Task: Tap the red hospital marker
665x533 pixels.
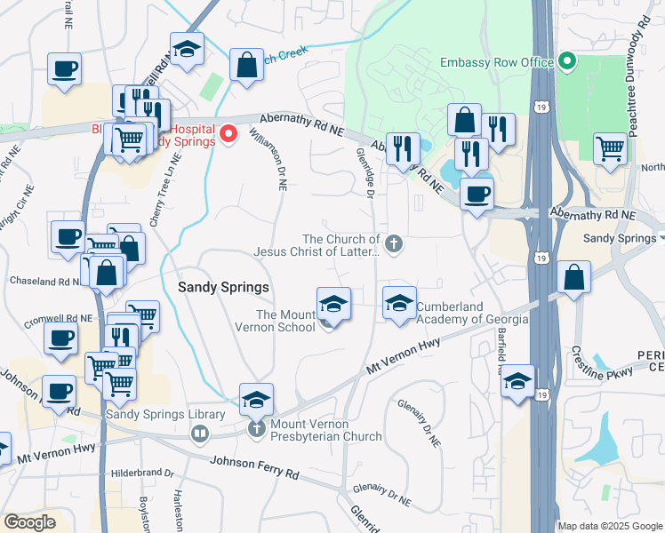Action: click(228, 134)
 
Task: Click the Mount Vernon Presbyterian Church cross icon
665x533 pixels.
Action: click(257, 428)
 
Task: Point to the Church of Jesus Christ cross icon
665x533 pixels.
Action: click(393, 243)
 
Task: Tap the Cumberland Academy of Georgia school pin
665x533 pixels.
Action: click(399, 303)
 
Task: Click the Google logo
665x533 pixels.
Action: click(29, 522)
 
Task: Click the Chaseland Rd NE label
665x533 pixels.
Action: click(45, 281)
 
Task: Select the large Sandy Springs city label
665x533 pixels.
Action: click(223, 287)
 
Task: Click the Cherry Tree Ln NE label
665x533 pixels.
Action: click(164, 191)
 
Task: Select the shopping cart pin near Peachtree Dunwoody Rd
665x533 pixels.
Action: click(610, 148)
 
